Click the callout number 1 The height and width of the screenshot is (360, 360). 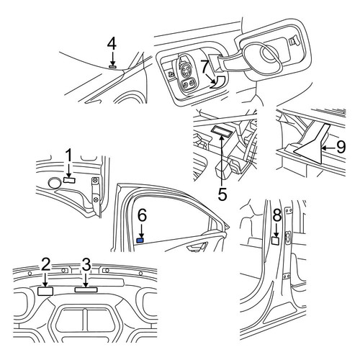coord(69,156)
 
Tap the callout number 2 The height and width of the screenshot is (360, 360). coord(45,264)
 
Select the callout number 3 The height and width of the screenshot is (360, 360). coord(86,264)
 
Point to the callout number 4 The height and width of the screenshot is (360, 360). coord(112,45)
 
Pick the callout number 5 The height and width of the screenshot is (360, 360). coord(222,194)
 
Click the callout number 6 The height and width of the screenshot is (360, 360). coord(142,215)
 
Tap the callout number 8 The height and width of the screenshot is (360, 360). coord(277,215)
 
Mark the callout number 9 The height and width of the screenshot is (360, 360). coord(341,147)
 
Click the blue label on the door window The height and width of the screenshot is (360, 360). coord(140,240)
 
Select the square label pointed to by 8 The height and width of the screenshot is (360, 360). coord(275,240)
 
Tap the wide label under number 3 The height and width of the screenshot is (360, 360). coord(86,289)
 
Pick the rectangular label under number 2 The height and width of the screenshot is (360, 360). coord(45,291)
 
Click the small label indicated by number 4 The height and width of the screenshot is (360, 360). coord(112,66)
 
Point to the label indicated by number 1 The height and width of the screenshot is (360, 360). coord(69,180)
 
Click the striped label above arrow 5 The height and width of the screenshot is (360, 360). coord(221,131)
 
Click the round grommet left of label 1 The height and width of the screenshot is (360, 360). coord(55,184)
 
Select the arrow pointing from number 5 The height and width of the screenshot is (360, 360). coord(222,160)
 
